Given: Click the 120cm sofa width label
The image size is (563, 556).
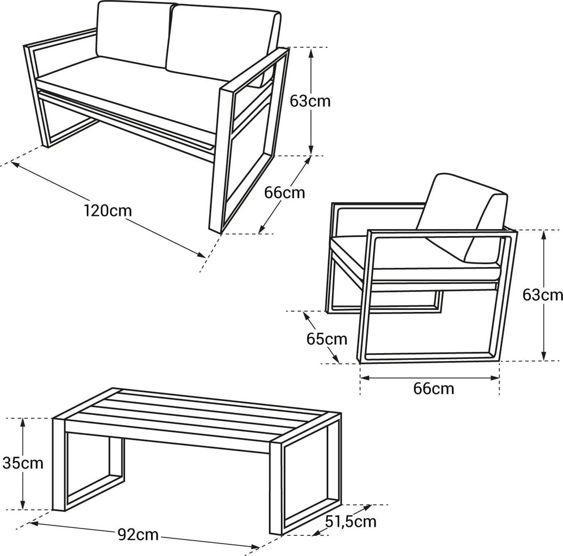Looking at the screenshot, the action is [108, 211].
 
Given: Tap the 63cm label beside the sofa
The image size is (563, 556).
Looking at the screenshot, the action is [310, 101].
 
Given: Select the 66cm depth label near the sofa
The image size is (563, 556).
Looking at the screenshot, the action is [284, 192].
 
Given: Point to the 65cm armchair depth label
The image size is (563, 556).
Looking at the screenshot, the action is [327, 339].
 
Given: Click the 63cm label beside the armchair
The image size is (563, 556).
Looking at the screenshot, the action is [543, 295].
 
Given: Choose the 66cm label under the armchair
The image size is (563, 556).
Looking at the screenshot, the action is [434, 389].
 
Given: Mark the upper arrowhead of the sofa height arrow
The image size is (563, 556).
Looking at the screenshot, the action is [311, 53].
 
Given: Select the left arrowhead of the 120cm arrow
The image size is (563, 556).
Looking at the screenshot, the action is [15, 164].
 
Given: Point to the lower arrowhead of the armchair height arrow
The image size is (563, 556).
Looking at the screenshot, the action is [544, 355].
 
